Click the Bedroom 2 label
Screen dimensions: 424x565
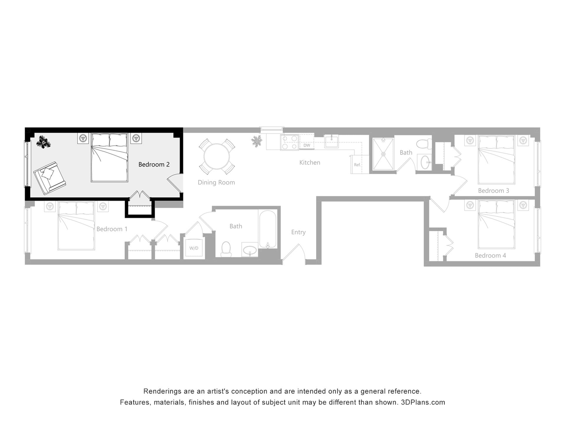(154, 165)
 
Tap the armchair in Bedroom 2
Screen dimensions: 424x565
(50, 178)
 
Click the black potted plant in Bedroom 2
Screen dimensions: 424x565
(43, 142)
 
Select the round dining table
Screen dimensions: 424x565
(217, 156)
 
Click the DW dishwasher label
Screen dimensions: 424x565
(307, 145)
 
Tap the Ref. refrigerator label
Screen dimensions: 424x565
(357, 165)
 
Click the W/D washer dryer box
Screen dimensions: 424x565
(194, 248)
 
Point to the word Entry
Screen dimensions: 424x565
(298, 232)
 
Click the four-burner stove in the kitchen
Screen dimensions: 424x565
(289, 142)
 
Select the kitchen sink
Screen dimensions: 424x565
(331, 141)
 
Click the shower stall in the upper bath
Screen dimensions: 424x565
(383, 154)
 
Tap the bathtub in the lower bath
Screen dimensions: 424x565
(267, 229)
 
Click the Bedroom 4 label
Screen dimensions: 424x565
(490, 256)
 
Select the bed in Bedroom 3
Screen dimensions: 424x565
(496, 160)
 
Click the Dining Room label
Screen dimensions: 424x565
(216, 183)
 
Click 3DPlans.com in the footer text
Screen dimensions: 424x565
(423, 403)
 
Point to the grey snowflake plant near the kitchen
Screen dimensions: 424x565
(257, 141)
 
